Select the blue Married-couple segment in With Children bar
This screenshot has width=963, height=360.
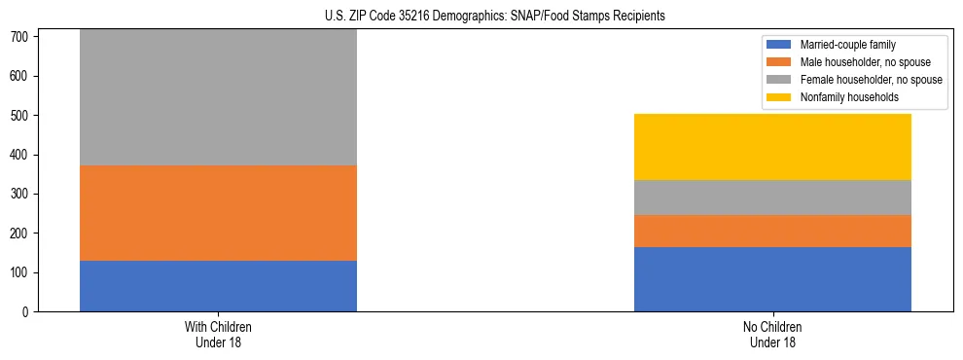click(x=218, y=286)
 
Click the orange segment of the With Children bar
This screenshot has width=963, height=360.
click(x=218, y=213)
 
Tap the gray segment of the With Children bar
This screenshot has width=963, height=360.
click(x=218, y=97)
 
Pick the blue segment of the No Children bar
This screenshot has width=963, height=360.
click(x=772, y=279)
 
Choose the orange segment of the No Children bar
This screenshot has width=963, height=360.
click(x=772, y=231)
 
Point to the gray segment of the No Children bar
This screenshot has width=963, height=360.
click(x=772, y=198)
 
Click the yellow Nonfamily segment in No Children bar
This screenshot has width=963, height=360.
click(x=772, y=147)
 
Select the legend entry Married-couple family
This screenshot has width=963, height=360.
click(x=847, y=45)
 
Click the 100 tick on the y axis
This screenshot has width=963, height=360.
click(x=23, y=272)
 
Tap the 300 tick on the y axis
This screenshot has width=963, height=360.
click(x=23, y=194)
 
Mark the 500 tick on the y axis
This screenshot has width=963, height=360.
click(x=23, y=116)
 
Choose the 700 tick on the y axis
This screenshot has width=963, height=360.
click(x=23, y=37)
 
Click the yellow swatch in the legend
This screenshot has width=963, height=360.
click(x=779, y=97)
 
